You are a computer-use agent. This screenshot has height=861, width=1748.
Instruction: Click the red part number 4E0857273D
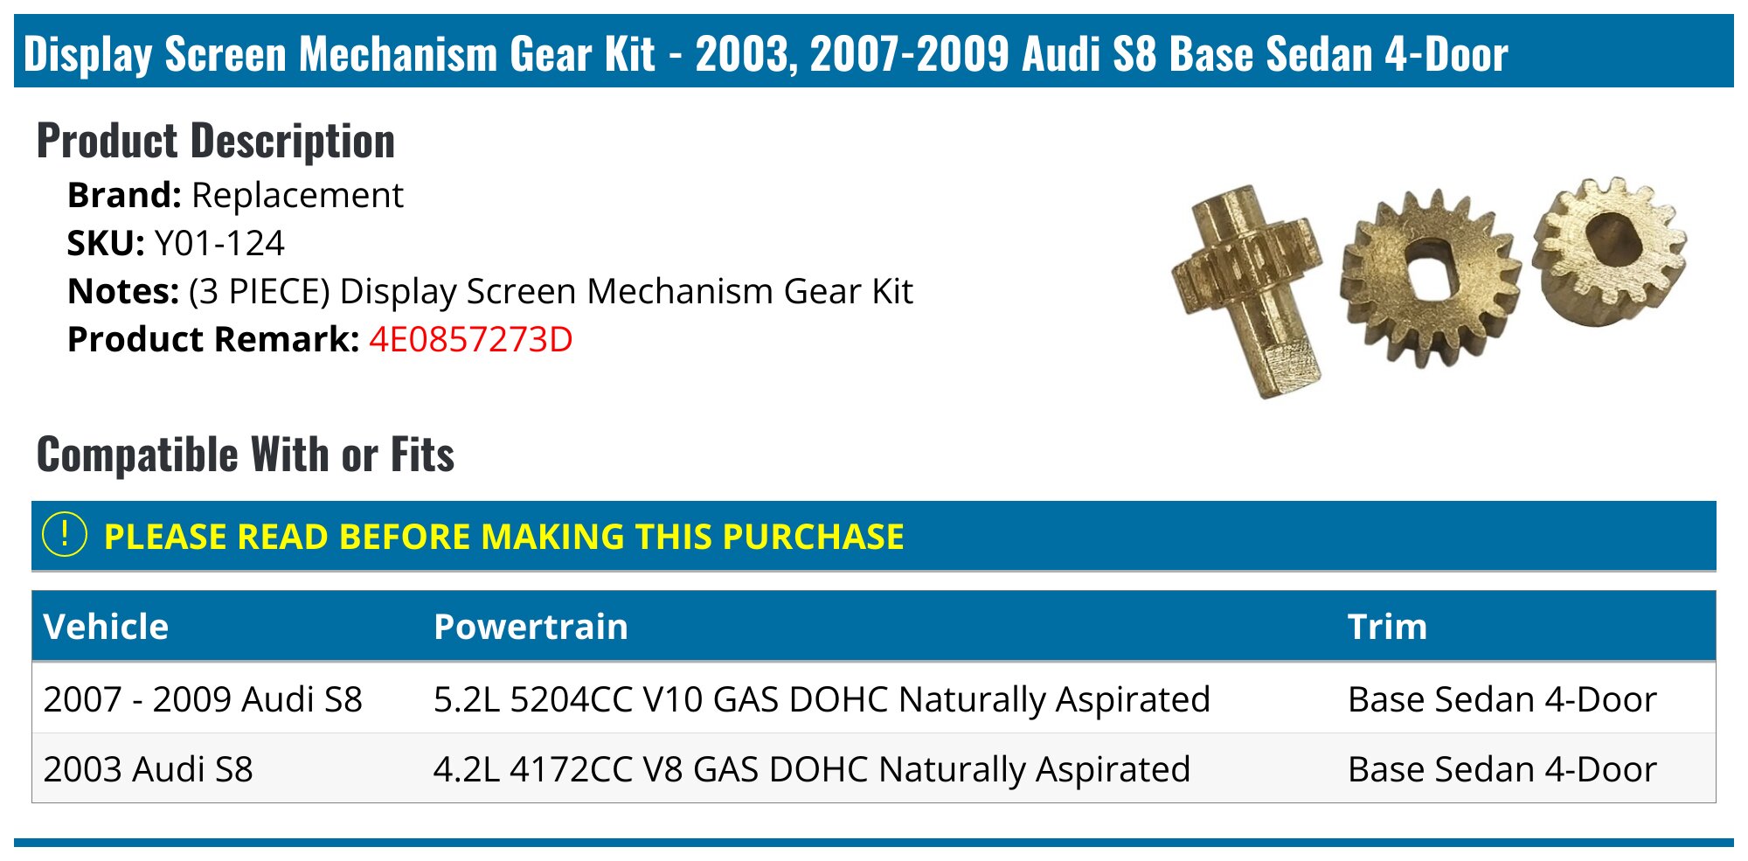point(470,339)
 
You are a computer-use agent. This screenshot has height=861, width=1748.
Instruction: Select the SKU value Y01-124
point(219,243)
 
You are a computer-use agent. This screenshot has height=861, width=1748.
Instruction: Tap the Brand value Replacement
point(297,196)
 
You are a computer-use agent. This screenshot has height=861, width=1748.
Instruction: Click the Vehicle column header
point(106,627)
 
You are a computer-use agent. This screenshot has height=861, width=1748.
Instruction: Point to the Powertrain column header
point(531,627)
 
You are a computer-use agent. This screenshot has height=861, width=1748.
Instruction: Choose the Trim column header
point(1387,627)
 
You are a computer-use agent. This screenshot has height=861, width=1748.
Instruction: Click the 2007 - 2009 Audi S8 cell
point(203,699)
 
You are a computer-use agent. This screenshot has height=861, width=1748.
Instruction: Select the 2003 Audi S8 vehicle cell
point(148,769)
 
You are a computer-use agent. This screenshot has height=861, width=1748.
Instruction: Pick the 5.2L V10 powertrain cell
point(822,700)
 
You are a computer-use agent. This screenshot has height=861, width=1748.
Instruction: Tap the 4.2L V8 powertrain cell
point(812,770)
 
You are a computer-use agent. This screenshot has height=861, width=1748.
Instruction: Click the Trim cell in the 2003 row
point(1502,769)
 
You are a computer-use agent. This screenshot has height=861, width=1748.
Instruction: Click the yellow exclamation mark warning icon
point(65,534)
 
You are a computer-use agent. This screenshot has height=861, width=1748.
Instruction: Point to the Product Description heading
point(216,141)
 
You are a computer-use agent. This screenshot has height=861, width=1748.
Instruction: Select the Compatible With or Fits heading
point(246,455)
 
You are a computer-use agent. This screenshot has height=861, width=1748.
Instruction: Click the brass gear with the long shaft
point(1247,289)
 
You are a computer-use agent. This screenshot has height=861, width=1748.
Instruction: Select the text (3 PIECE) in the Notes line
point(260,292)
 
